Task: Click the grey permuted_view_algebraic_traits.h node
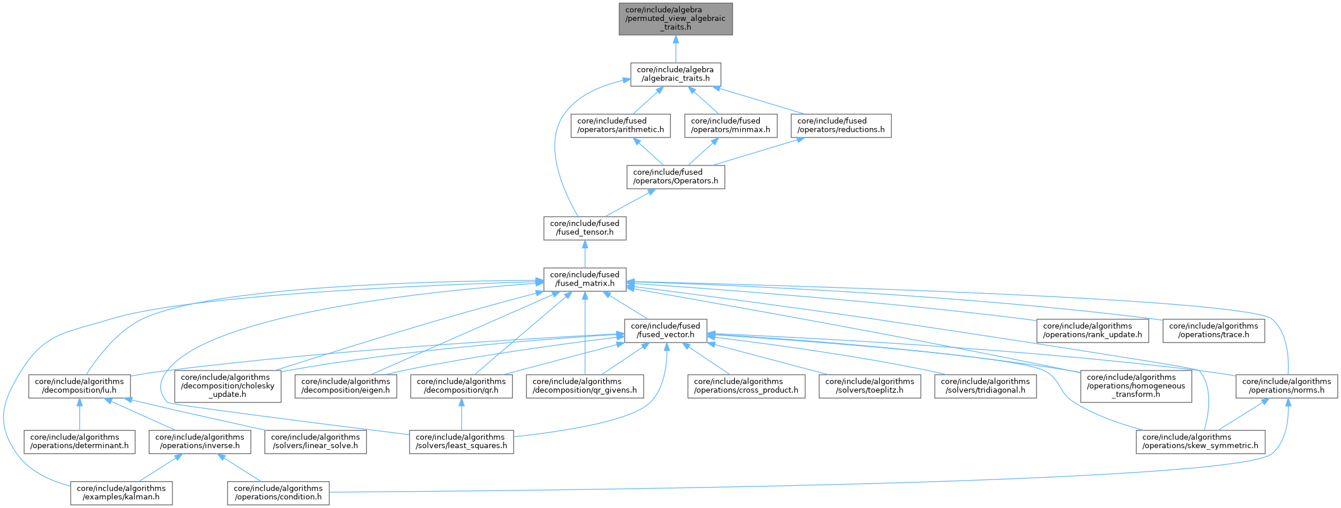click(675, 19)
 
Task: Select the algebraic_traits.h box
click(675, 74)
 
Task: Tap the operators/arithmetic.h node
click(621, 125)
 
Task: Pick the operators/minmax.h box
click(731, 125)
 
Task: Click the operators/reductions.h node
click(841, 125)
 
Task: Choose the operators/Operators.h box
click(675, 177)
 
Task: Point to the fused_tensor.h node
click(585, 228)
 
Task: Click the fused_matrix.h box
click(585, 279)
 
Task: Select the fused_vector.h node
click(666, 330)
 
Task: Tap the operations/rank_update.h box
click(1092, 330)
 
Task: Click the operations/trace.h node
click(1213, 330)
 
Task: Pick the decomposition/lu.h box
click(79, 386)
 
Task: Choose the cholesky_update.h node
click(228, 386)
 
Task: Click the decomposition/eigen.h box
click(346, 386)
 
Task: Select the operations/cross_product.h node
click(746, 386)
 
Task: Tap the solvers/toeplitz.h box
click(870, 386)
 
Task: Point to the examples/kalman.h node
click(121, 493)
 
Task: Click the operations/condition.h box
click(278, 493)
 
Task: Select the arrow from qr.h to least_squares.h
click(461, 414)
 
